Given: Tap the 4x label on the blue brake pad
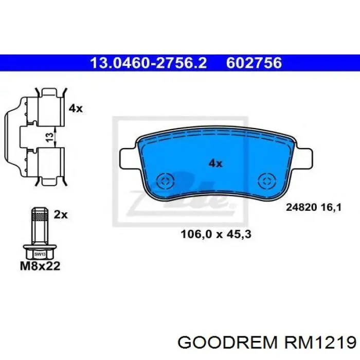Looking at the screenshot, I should pos(215,163).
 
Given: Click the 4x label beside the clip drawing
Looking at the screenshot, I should pos(75,108).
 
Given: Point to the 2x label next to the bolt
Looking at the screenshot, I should pos(61,214).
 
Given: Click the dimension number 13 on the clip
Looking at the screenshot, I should pos(48,137).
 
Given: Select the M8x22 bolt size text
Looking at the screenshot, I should pos(40,266).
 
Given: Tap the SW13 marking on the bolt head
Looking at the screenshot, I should pos(39,254).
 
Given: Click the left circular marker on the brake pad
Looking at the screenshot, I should pos(165,181).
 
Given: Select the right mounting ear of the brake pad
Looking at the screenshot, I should pos(304,158).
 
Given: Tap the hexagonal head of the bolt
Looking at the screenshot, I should pos(39,252).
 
